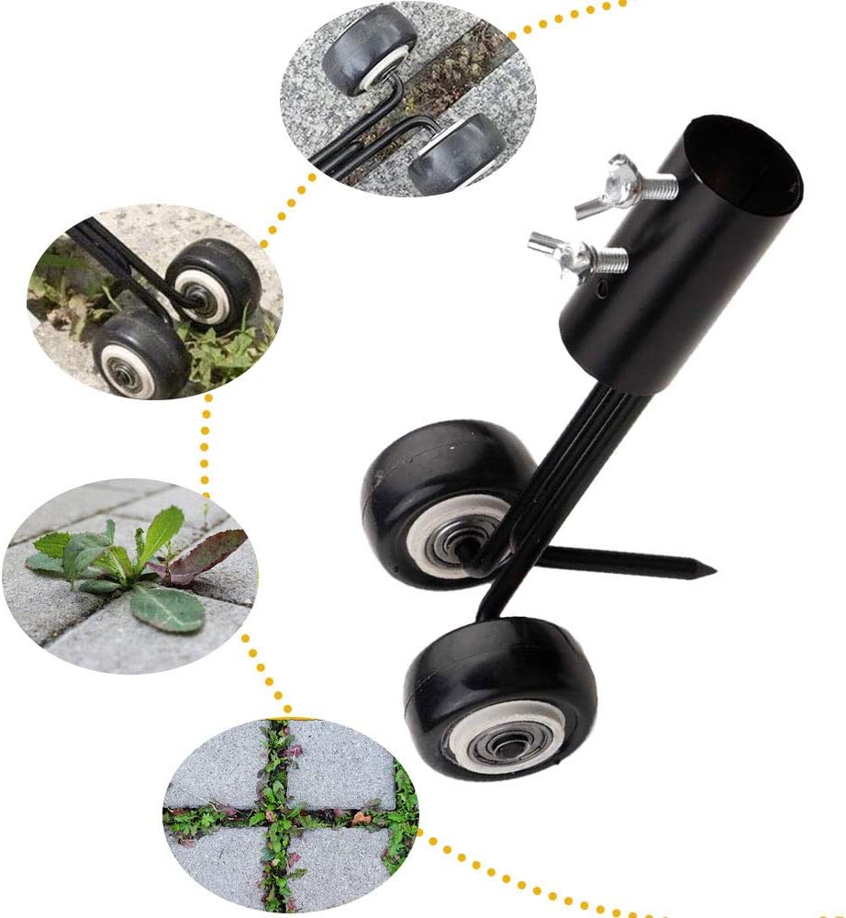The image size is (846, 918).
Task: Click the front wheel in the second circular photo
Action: pyautogui.click(x=138, y=353)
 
